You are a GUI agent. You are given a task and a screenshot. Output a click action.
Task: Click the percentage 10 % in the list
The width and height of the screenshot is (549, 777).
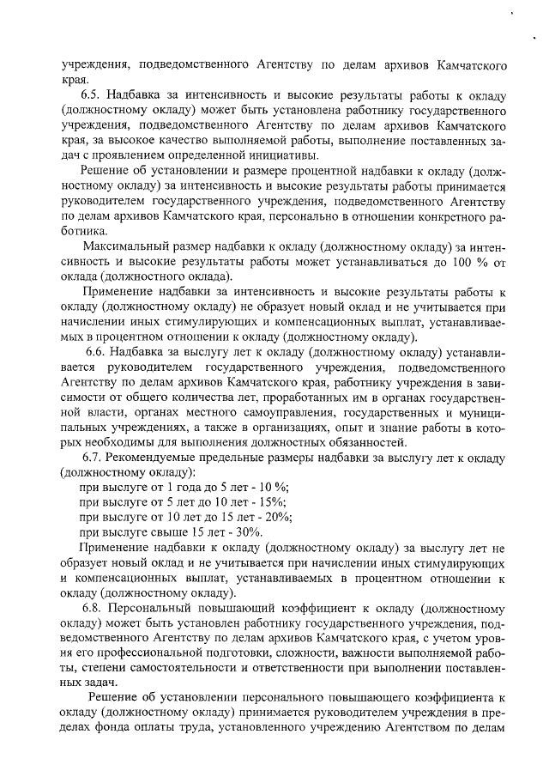click(x=226, y=488)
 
